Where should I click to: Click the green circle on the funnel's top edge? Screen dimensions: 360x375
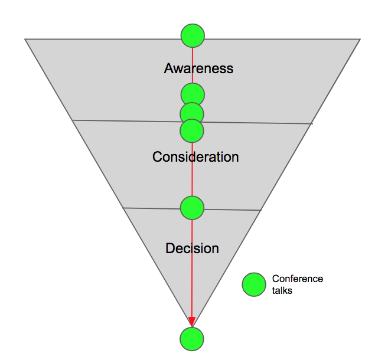(x=193, y=35)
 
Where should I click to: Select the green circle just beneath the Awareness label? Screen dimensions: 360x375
(x=193, y=94)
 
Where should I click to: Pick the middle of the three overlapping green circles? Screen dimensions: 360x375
(x=191, y=113)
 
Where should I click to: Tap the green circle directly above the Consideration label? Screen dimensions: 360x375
(x=191, y=130)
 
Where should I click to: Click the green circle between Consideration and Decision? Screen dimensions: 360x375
(x=192, y=208)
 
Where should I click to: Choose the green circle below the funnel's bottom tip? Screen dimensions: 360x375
(x=191, y=339)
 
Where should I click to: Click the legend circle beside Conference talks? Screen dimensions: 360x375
(x=254, y=284)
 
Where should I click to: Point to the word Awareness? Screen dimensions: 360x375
(x=198, y=68)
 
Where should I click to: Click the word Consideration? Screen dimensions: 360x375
(x=195, y=157)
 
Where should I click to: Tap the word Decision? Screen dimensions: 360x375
(x=192, y=248)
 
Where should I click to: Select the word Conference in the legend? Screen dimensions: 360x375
(x=297, y=279)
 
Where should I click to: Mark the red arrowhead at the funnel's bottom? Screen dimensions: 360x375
(x=191, y=321)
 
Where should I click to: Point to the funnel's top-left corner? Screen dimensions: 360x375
(x=25, y=39)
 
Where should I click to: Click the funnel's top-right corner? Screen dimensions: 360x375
(x=360, y=40)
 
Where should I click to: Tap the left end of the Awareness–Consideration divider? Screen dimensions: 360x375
(x=73, y=120)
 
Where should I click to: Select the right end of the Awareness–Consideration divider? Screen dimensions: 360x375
(x=312, y=123)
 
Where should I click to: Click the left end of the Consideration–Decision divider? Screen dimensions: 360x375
(x=123, y=208)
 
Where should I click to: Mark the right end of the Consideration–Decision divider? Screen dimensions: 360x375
(x=260, y=210)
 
